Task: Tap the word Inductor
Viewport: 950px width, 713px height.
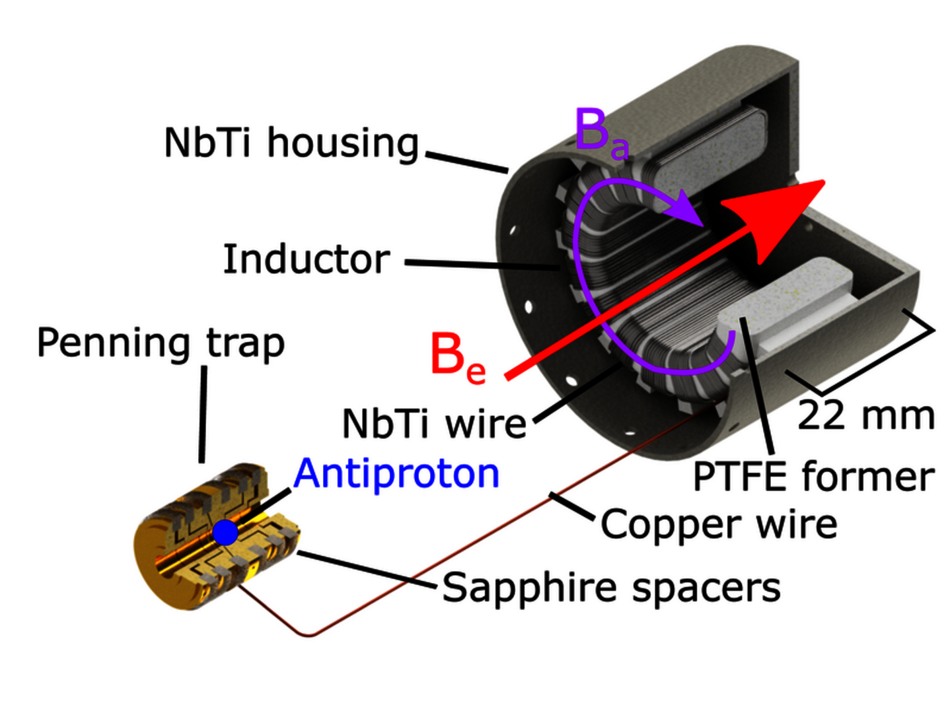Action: coord(306,259)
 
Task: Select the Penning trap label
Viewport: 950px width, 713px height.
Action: coord(161,343)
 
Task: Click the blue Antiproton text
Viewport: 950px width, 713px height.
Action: coord(396,473)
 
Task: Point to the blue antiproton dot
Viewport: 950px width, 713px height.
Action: coord(225,532)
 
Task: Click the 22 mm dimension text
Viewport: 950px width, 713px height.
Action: coord(865,416)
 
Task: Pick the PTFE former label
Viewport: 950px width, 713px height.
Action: coord(813,477)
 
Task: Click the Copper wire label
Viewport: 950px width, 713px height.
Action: coord(719,525)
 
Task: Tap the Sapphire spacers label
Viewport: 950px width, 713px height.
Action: coord(611,587)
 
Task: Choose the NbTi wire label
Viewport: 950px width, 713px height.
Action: coord(434,423)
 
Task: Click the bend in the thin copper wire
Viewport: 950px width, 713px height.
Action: coord(309,635)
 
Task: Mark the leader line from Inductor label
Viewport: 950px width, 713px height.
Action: coord(482,264)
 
